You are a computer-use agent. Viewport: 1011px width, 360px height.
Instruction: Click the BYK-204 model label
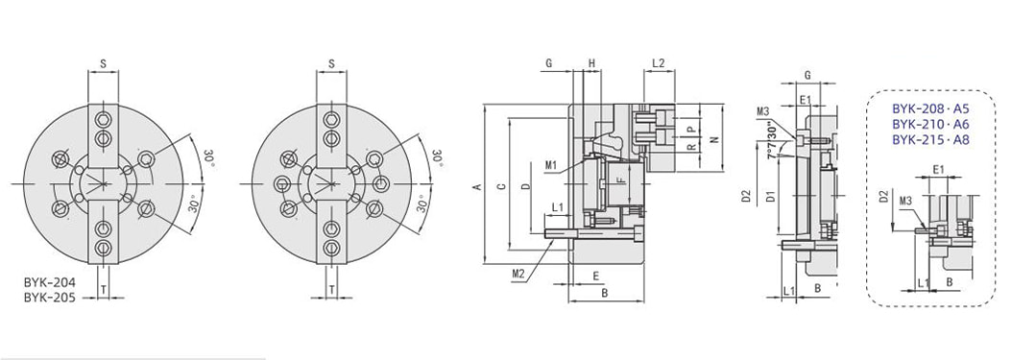[x=50, y=282]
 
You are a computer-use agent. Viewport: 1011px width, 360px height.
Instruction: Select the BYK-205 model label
[x=50, y=298]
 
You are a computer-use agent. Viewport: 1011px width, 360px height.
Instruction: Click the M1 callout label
[x=550, y=165]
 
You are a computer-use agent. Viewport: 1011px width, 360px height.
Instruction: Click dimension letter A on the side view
[x=476, y=187]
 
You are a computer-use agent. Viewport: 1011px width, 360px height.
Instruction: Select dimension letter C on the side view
[x=501, y=187]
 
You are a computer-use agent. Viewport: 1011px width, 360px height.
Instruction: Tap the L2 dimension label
[x=659, y=63]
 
